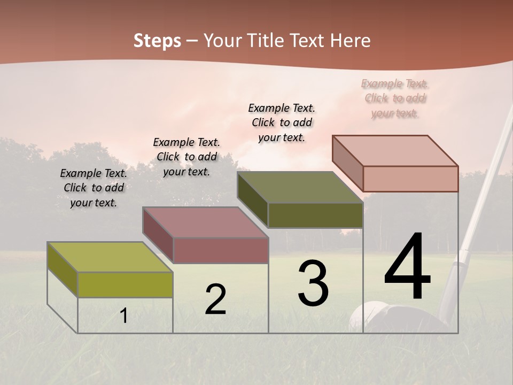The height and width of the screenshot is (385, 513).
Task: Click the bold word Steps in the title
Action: tap(157, 41)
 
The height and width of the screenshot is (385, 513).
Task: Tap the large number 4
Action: tap(407, 267)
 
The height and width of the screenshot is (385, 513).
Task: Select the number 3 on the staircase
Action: tap(313, 283)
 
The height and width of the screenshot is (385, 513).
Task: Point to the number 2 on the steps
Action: tap(216, 299)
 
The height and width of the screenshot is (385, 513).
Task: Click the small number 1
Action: tap(124, 315)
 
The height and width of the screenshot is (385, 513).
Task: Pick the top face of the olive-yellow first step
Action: tap(110, 257)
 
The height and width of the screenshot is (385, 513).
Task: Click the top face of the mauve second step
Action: tap(205, 222)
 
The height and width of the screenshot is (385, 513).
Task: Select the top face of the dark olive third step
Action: tap(300, 187)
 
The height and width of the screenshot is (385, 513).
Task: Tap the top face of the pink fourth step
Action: tap(395, 150)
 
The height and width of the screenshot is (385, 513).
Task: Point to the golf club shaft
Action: tap(484, 187)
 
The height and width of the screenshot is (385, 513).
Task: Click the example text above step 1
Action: tap(94, 188)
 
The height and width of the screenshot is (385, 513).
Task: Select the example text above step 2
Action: tap(186, 157)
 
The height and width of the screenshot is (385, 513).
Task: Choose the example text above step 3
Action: tap(282, 122)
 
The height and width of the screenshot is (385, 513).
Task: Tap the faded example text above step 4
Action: tap(395, 98)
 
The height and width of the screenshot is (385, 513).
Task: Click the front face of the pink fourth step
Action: tap(410, 179)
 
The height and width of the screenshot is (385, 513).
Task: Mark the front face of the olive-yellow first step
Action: tap(125, 284)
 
